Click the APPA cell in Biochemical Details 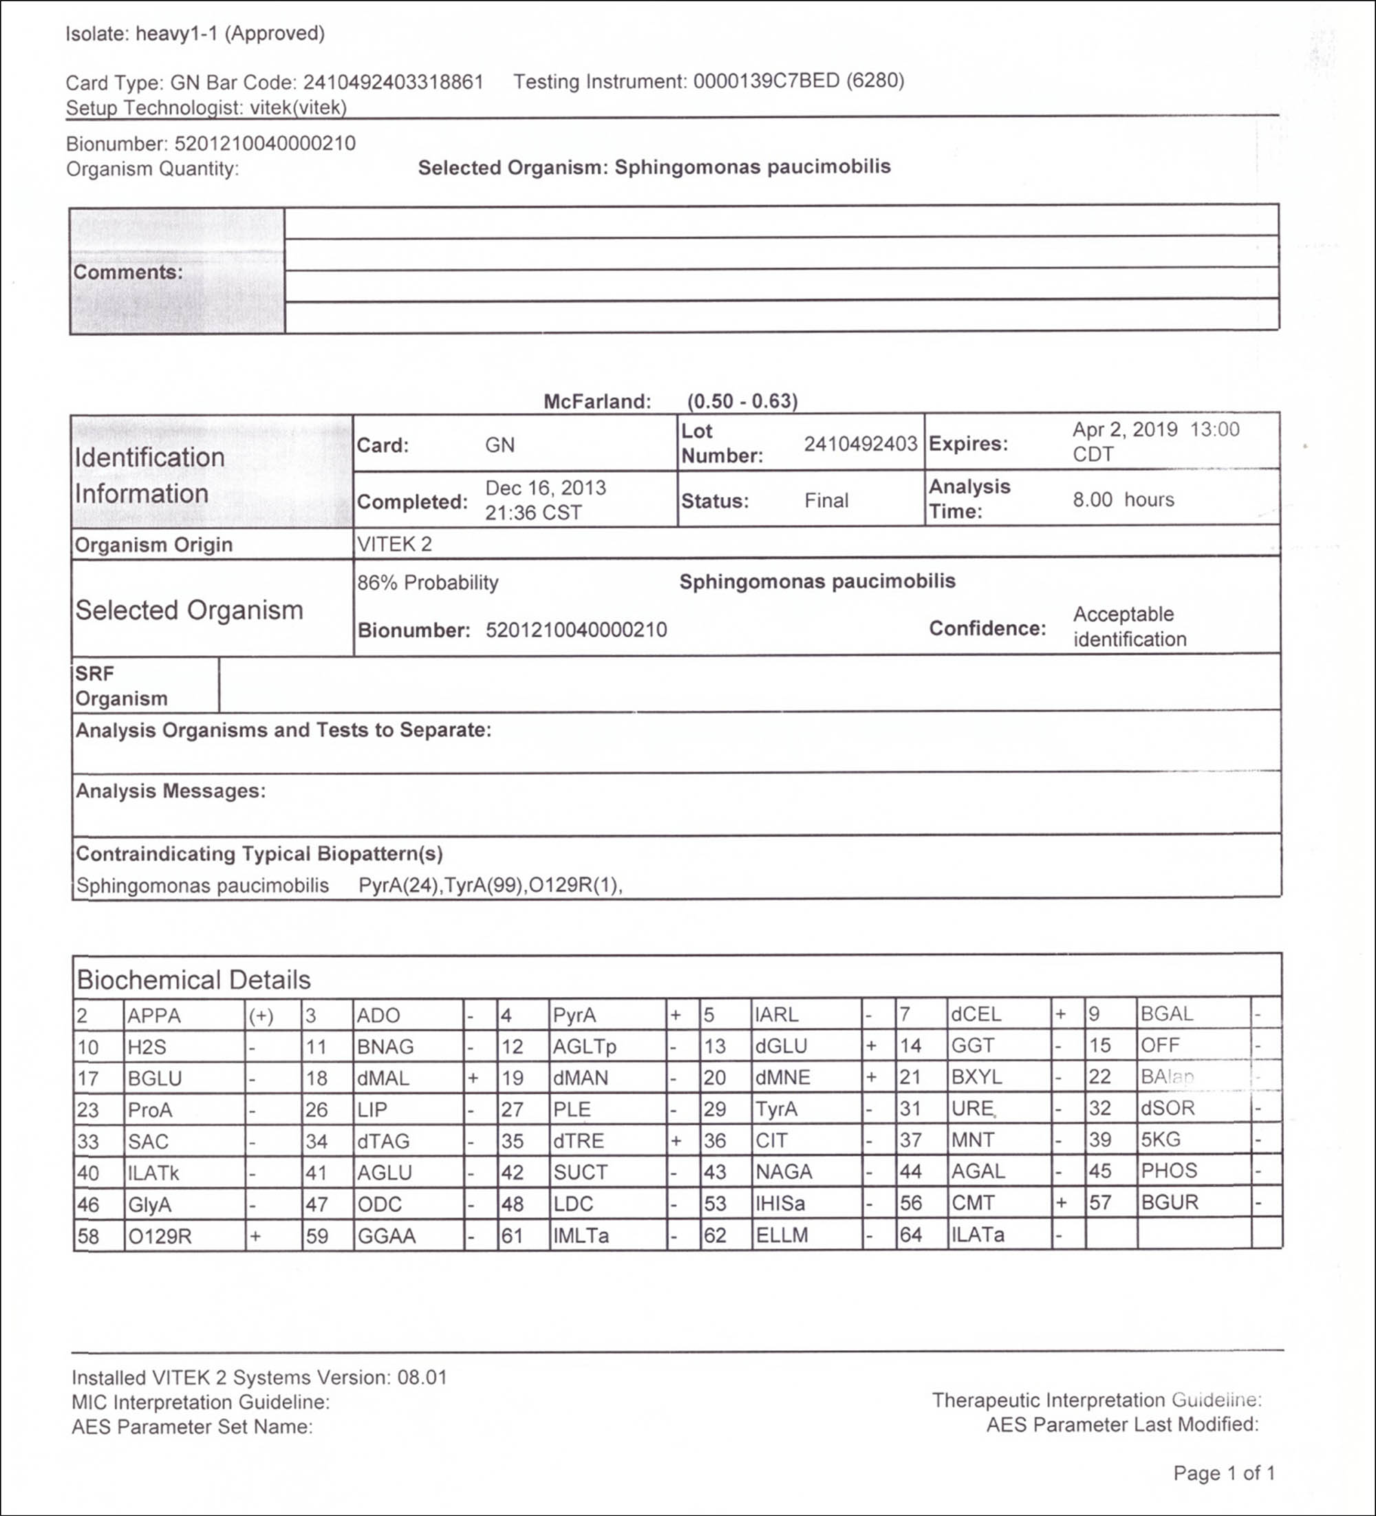click(x=154, y=1016)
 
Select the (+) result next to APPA click(x=261, y=1016)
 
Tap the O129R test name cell click(x=160, y=1236)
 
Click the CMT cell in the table click(x=973, y=1203)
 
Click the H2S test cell click(x=147, y=1047)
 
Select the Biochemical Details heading click(x=193, y=980)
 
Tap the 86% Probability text click(x=428, y=583)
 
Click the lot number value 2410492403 click(x=860, y=444)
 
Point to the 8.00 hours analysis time click(x=1123, y=500)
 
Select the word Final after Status click(x=826, y=501)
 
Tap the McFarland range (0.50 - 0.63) click(x=742, y=401)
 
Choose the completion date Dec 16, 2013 click(x=545, y=488)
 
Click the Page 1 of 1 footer click(x=1223, y=1473)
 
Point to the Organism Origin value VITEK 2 click(x=394, y=544)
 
